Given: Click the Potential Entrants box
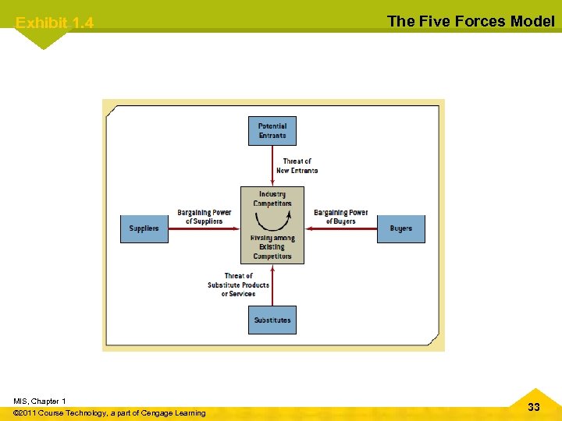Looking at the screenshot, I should [272, 131].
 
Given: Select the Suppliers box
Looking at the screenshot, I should [144, 228].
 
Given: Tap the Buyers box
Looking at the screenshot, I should [401, 228].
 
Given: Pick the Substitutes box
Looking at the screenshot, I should [272, 320].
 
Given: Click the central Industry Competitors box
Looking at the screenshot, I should [272, 225].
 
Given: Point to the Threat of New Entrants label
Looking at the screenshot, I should [297, 166].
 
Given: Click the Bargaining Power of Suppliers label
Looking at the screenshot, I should [204, 217].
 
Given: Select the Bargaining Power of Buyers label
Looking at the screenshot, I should [340, 217].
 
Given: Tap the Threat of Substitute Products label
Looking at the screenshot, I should [238, 285].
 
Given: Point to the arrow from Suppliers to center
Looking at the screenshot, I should [204, 228].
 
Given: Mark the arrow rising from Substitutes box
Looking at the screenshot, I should [272, 285].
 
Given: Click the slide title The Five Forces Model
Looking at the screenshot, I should [471, 21].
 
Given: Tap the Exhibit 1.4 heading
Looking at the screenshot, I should [55, 23].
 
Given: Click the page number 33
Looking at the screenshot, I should [534, 407].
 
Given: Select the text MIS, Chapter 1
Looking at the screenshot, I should [40, 401].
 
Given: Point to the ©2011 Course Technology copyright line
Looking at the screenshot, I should [110, 413].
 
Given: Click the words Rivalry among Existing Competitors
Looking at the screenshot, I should [272, 247].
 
